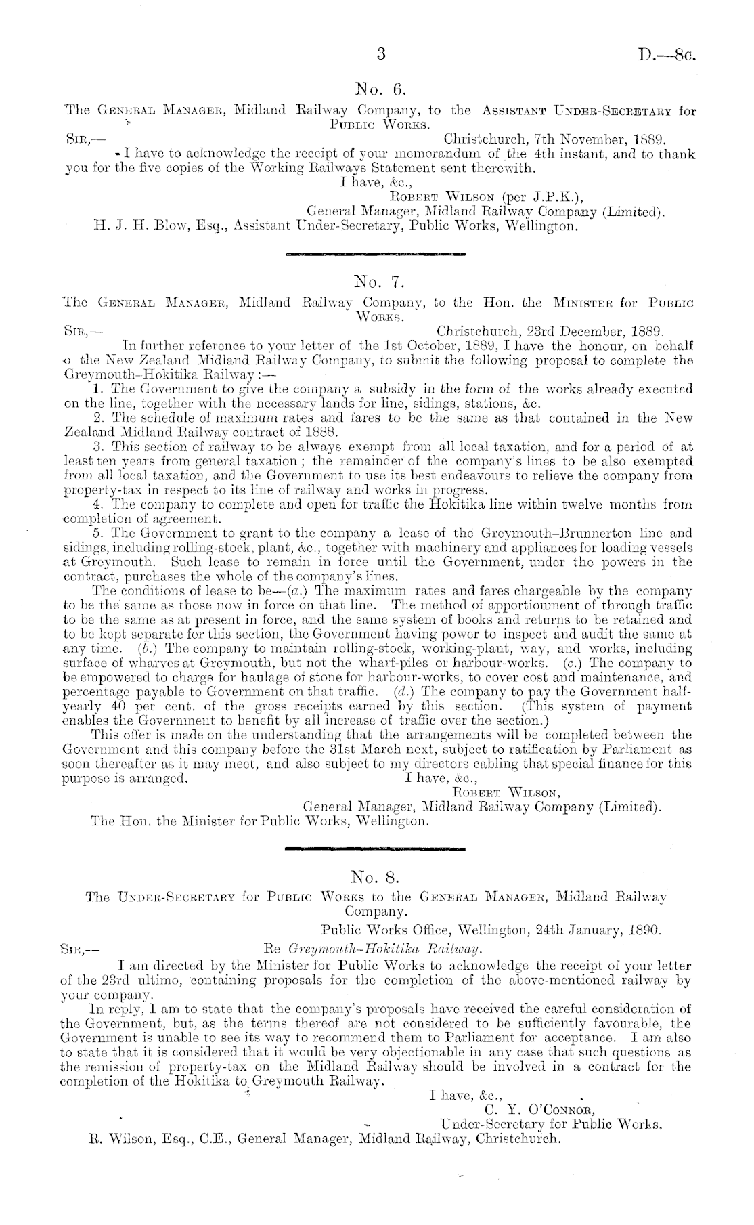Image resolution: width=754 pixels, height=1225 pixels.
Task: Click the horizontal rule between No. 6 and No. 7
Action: point(376,254)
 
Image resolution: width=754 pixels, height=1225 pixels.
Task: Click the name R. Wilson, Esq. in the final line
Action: point(147,1138)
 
